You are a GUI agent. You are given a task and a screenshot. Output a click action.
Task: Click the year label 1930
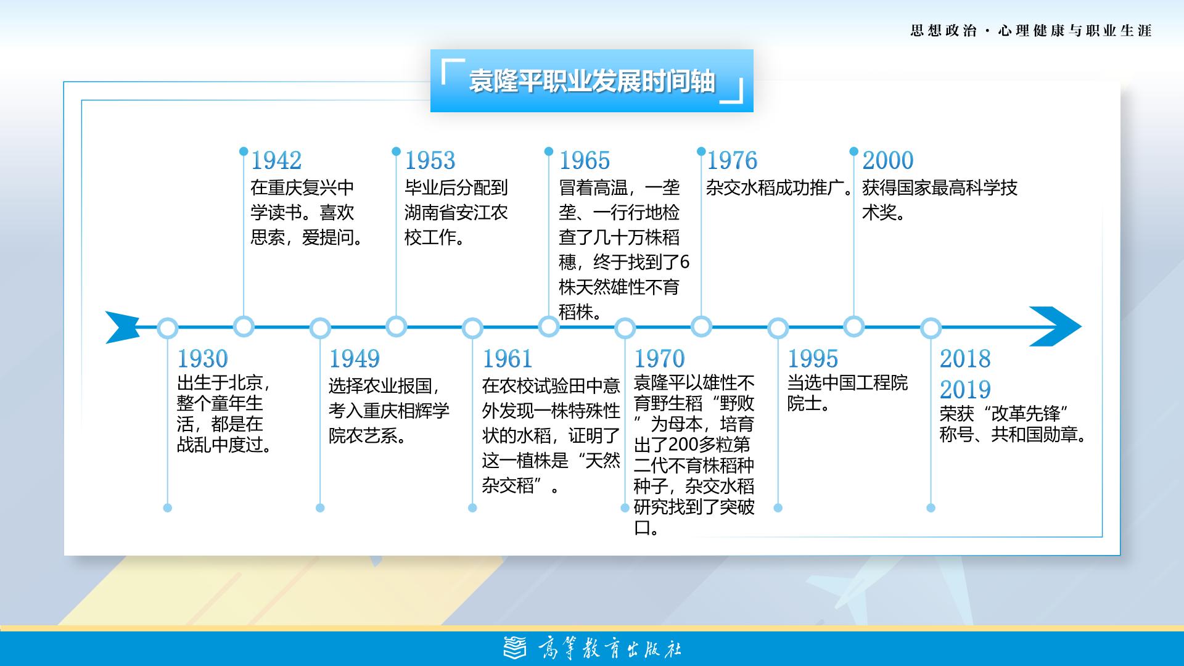pyautogui.click(x=203, y=358)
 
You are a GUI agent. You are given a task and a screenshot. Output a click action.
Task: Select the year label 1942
pyautogui.click(x=276, y=160)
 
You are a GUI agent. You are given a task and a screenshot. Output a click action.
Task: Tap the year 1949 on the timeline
pyautogui.click(x=354, y=358)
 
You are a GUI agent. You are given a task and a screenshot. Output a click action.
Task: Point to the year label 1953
pyautogui.click(x=430, y=160)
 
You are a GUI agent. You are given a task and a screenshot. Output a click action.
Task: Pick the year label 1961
pyautogui.click(x=507, y=358)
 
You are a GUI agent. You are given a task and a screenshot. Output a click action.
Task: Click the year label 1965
pyautogui.click(x=584, y=160)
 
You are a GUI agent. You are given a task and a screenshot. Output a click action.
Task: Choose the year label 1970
pyautogui.click(x=659, y=358)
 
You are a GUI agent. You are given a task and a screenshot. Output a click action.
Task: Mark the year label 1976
pyautogui.click(x=731, y=160)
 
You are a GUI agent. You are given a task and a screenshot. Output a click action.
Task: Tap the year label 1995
pyautogui.click(x=813, y=358)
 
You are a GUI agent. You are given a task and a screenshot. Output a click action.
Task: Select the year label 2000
pyautogui.click(x=887, y=160)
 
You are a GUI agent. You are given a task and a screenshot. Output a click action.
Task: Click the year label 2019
pyautogui.click(x=965, y=390)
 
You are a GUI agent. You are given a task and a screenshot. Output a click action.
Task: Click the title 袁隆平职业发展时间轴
pyautogui.click(x=592, y=81)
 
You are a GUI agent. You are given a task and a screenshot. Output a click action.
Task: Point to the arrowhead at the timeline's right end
pyautogui.click(x=1055, y=326)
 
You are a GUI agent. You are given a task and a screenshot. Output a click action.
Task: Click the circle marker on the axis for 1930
pyautogui.click(x=167, y=327)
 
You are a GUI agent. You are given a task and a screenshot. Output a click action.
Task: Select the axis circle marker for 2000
pyautogui.click(x=853, y=326)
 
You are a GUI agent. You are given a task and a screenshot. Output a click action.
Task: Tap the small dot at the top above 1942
pyautogui.click(x=244, y=151)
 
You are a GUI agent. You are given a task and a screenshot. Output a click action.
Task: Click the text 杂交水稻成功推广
pyautogui.click(x=775, y=187)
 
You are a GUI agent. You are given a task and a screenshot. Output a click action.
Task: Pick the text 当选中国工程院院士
pyautogui.click(x=847, y=393)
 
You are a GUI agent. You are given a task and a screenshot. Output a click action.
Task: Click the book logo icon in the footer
pyautogui.click(x=515, y=647)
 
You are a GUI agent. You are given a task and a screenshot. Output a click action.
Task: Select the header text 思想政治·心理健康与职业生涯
pyautogui.click(x=1031, y=31)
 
